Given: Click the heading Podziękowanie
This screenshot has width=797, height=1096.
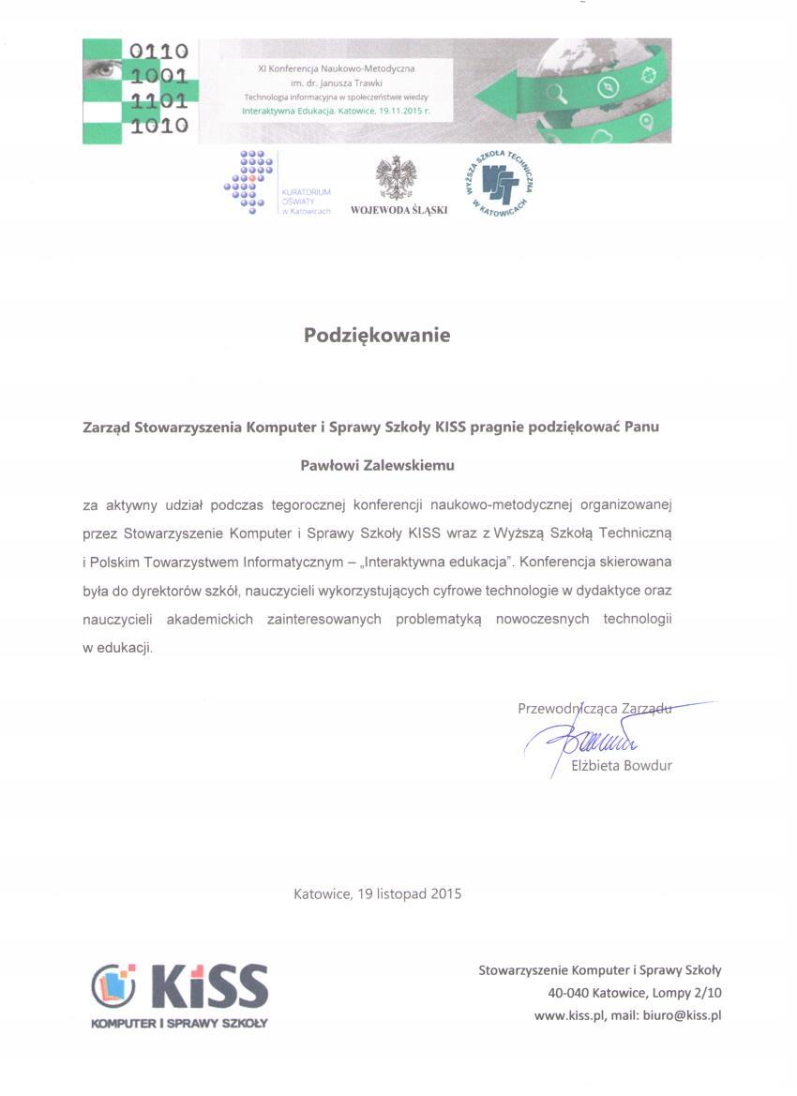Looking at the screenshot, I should (377, 335).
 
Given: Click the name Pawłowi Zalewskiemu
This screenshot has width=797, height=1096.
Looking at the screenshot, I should (377, 464).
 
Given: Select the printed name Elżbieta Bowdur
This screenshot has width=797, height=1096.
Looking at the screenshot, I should (621, 765).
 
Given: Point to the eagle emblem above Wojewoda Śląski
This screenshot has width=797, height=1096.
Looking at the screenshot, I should (396, 177).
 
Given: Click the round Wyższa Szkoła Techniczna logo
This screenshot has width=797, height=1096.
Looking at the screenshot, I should (497, 181).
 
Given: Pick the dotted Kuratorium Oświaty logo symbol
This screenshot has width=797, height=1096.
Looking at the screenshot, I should (250, 181).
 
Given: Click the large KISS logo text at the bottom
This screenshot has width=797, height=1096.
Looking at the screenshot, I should (209, 986).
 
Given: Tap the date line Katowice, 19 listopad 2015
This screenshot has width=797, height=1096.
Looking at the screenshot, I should (377, 893).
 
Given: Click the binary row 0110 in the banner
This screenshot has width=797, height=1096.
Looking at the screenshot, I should (159, 51).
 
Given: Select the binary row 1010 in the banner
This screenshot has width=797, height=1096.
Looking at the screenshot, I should (159, 125).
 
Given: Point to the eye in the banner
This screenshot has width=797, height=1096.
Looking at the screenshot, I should (102, 68).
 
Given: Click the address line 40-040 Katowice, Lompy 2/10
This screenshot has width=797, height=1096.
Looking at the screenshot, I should (635, 993).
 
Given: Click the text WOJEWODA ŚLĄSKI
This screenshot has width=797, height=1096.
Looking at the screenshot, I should (398, 210).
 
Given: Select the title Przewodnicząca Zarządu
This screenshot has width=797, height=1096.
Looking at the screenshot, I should (594, 709).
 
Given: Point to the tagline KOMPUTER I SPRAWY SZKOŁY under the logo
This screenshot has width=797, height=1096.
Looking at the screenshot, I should (179, 1023).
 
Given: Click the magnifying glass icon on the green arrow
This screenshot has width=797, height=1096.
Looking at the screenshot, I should (557, 92).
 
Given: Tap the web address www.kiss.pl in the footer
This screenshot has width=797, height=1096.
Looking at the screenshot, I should (565, 1015).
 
